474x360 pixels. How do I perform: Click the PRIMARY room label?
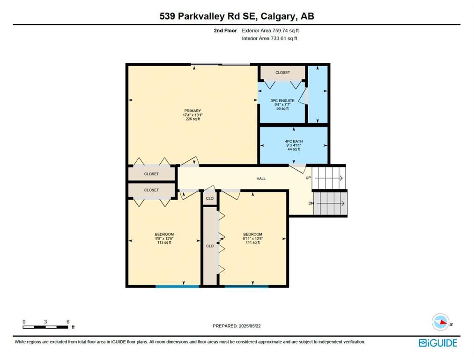[193, 111]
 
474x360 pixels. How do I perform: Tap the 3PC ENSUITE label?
[282, 101]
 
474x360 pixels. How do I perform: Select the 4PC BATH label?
[294, 141]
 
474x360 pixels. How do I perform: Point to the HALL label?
[261, 179]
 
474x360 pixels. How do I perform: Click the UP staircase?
[329, 178]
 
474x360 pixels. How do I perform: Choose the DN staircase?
[330, 203]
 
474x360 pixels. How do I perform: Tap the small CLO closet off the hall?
[209, 198]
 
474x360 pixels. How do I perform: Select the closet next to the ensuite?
[282, 73]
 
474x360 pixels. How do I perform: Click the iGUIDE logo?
[438, 343]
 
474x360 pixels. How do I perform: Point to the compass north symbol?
[441, 322]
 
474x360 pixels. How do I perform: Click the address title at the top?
[237, 16]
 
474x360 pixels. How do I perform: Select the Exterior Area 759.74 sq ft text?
[270, 30]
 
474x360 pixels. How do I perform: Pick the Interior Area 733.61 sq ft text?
[269, 38]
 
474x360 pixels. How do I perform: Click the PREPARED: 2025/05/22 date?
[237, 326]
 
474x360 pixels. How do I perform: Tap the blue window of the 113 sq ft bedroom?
[178, 286]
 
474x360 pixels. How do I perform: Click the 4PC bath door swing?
[298, 169]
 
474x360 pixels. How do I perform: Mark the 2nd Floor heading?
[225, 30]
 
